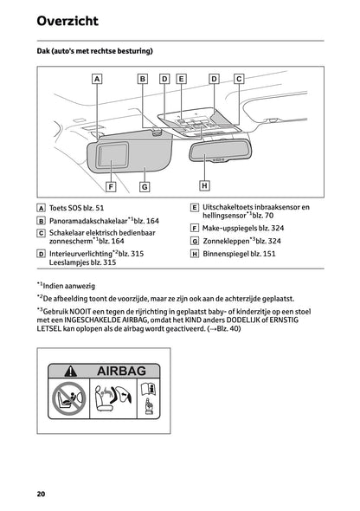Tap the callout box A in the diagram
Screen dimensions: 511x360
[x=97, y=78]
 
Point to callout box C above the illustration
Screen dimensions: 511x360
[x=239, y=78]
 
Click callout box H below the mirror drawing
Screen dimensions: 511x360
[x=204, y=184]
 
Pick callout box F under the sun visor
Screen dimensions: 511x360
[x=111, y=185]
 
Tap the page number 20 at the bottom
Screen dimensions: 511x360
[x=41, y=494]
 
